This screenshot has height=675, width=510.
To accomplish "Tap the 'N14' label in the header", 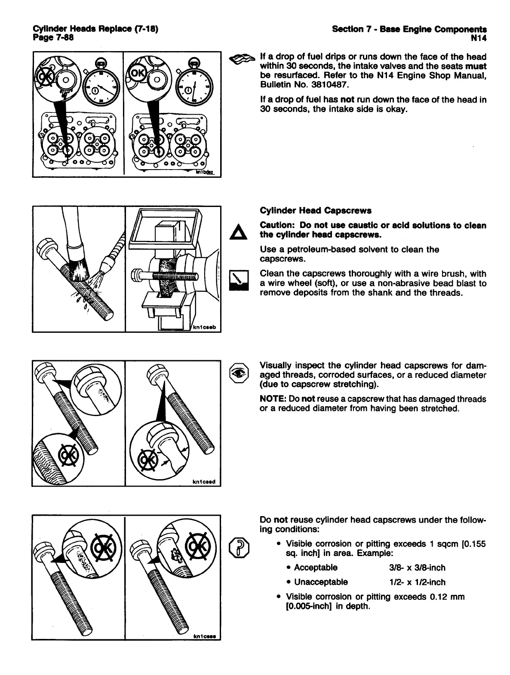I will pos(479,37).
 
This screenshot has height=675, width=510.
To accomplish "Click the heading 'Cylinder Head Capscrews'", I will pos(316,211).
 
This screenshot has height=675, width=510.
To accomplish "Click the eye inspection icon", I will pos(239,372).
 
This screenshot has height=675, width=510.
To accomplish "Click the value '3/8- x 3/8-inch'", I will pos(417,568).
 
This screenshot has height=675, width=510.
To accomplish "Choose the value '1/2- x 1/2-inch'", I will pos(417,582).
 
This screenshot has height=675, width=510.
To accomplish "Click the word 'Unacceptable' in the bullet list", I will pos(321,582).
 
